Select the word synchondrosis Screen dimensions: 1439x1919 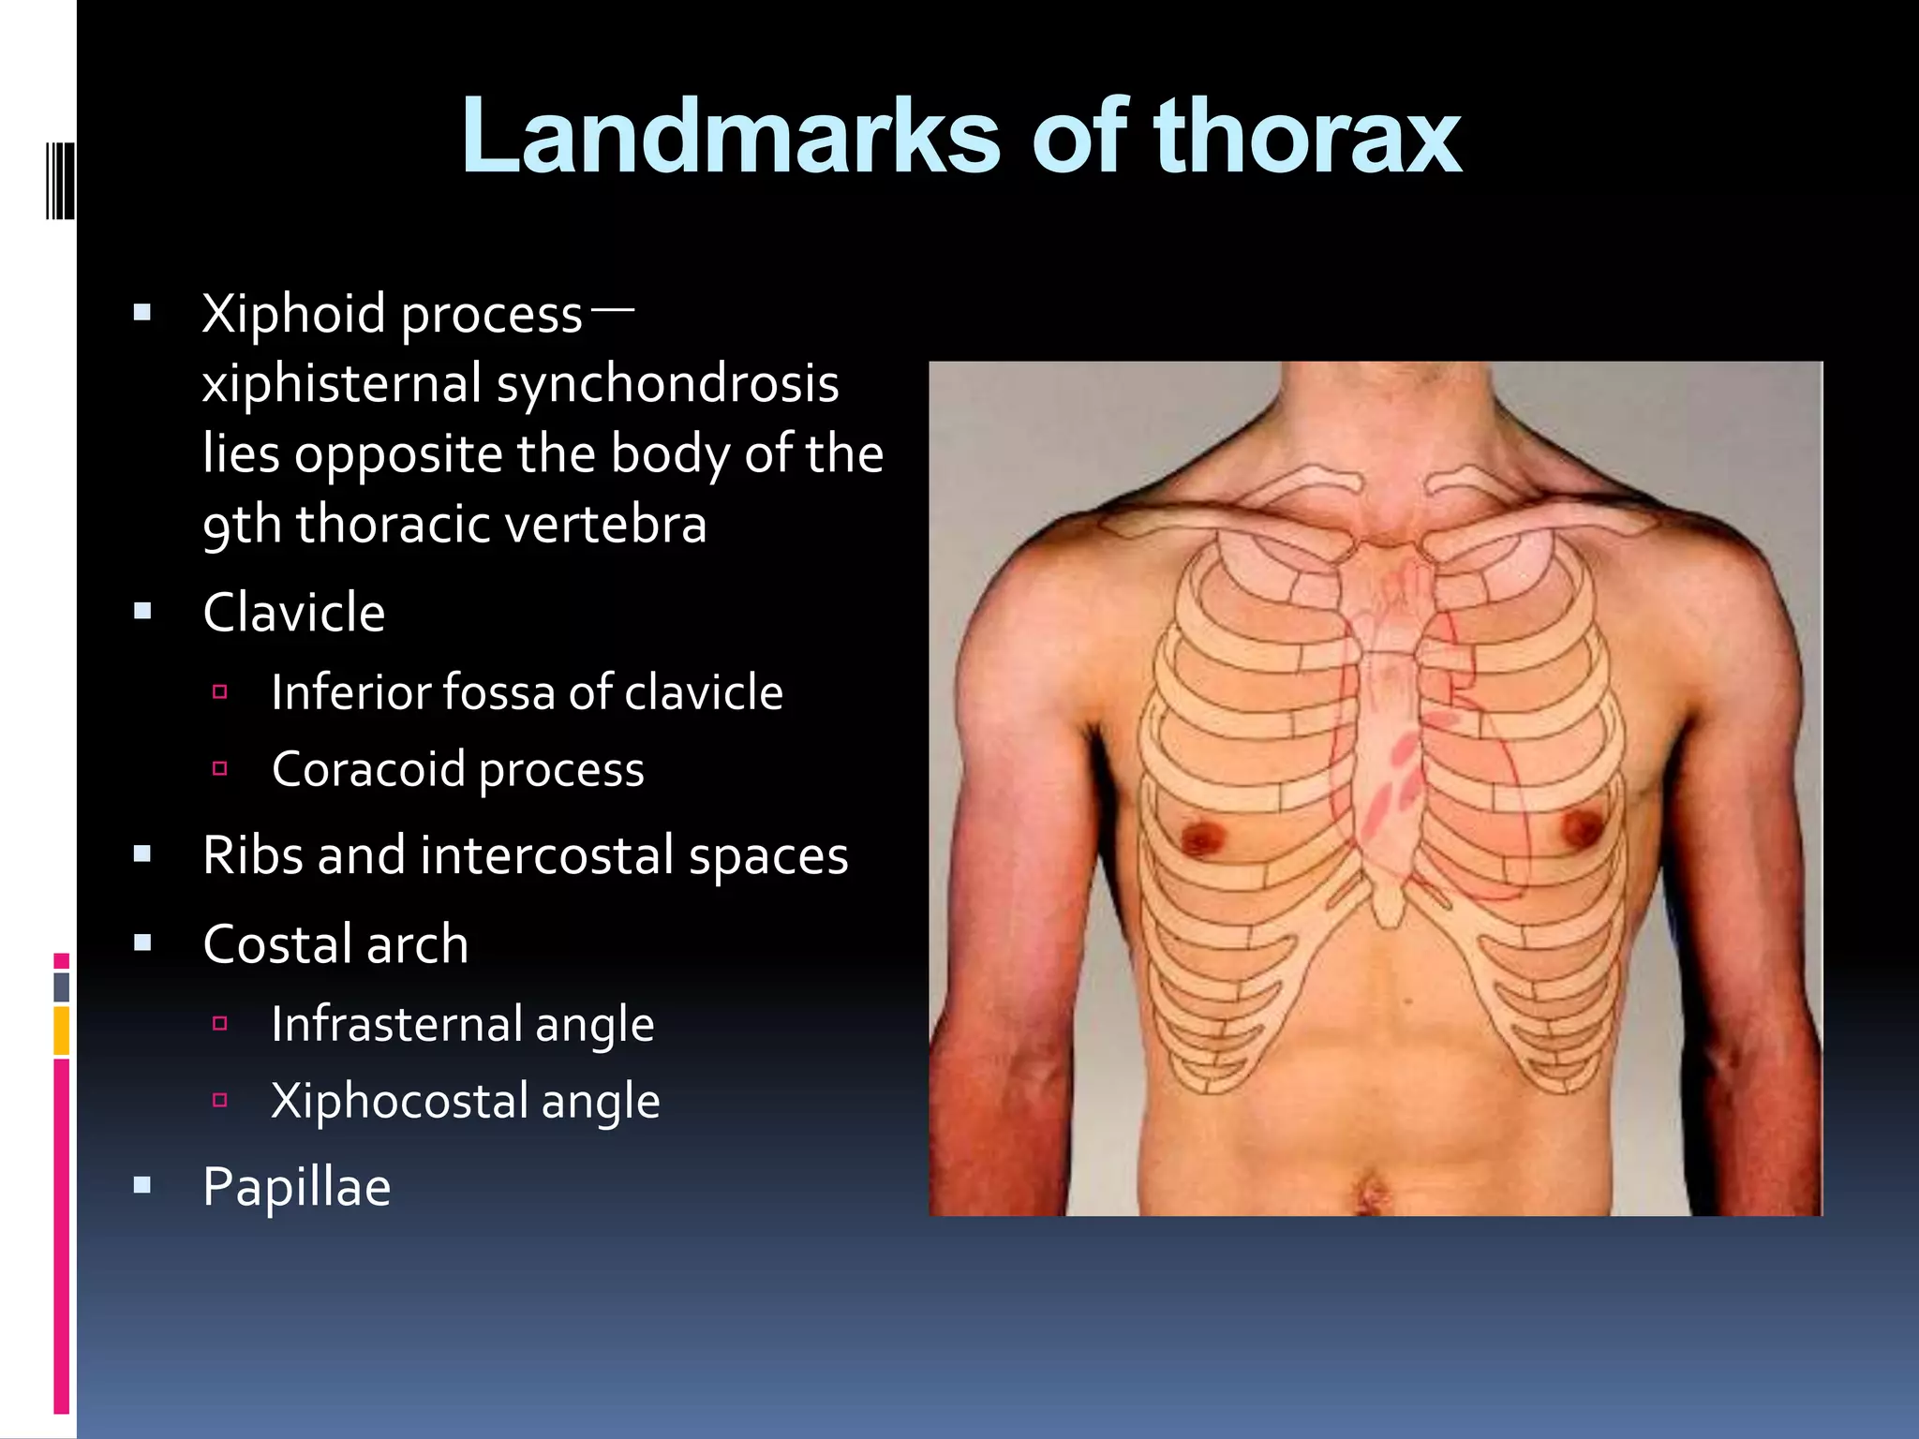[667, 384]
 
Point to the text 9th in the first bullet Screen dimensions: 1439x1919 [242, 525]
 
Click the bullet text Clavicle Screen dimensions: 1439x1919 [293, 613]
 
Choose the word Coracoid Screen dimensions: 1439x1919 [367, 769]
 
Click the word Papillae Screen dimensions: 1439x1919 [296, 1187]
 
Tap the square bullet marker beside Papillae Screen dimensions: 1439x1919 [142, 1186]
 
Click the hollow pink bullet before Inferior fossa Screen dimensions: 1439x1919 [220, 692]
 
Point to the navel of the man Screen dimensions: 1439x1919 [1371, 1194]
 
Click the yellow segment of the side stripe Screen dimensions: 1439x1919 [61, 1031]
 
